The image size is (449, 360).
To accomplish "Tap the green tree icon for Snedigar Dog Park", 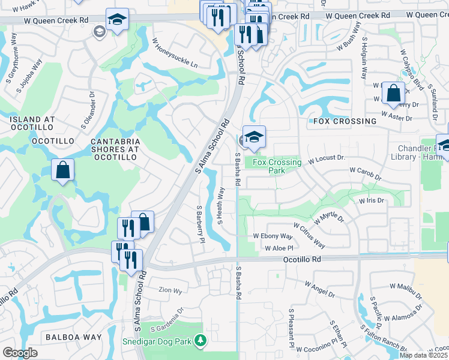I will (200, 341).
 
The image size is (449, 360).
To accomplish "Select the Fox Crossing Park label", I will (277, 166).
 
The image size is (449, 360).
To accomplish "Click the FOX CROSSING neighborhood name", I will (345, 121).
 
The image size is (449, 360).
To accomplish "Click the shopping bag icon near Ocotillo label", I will (62, 170).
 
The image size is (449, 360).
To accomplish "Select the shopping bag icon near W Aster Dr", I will (393, 94).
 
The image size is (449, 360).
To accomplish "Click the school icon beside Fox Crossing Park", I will (255, 137).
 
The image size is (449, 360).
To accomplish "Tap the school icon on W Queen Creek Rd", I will (118, 20).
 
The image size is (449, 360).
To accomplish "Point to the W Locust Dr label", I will (327, 159).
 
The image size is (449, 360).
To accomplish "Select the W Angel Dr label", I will (319, 289).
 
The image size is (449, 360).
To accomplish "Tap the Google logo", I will (20, 353).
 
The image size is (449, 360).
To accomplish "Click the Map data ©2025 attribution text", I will (423, 355).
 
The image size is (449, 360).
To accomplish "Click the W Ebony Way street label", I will (273, 236).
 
